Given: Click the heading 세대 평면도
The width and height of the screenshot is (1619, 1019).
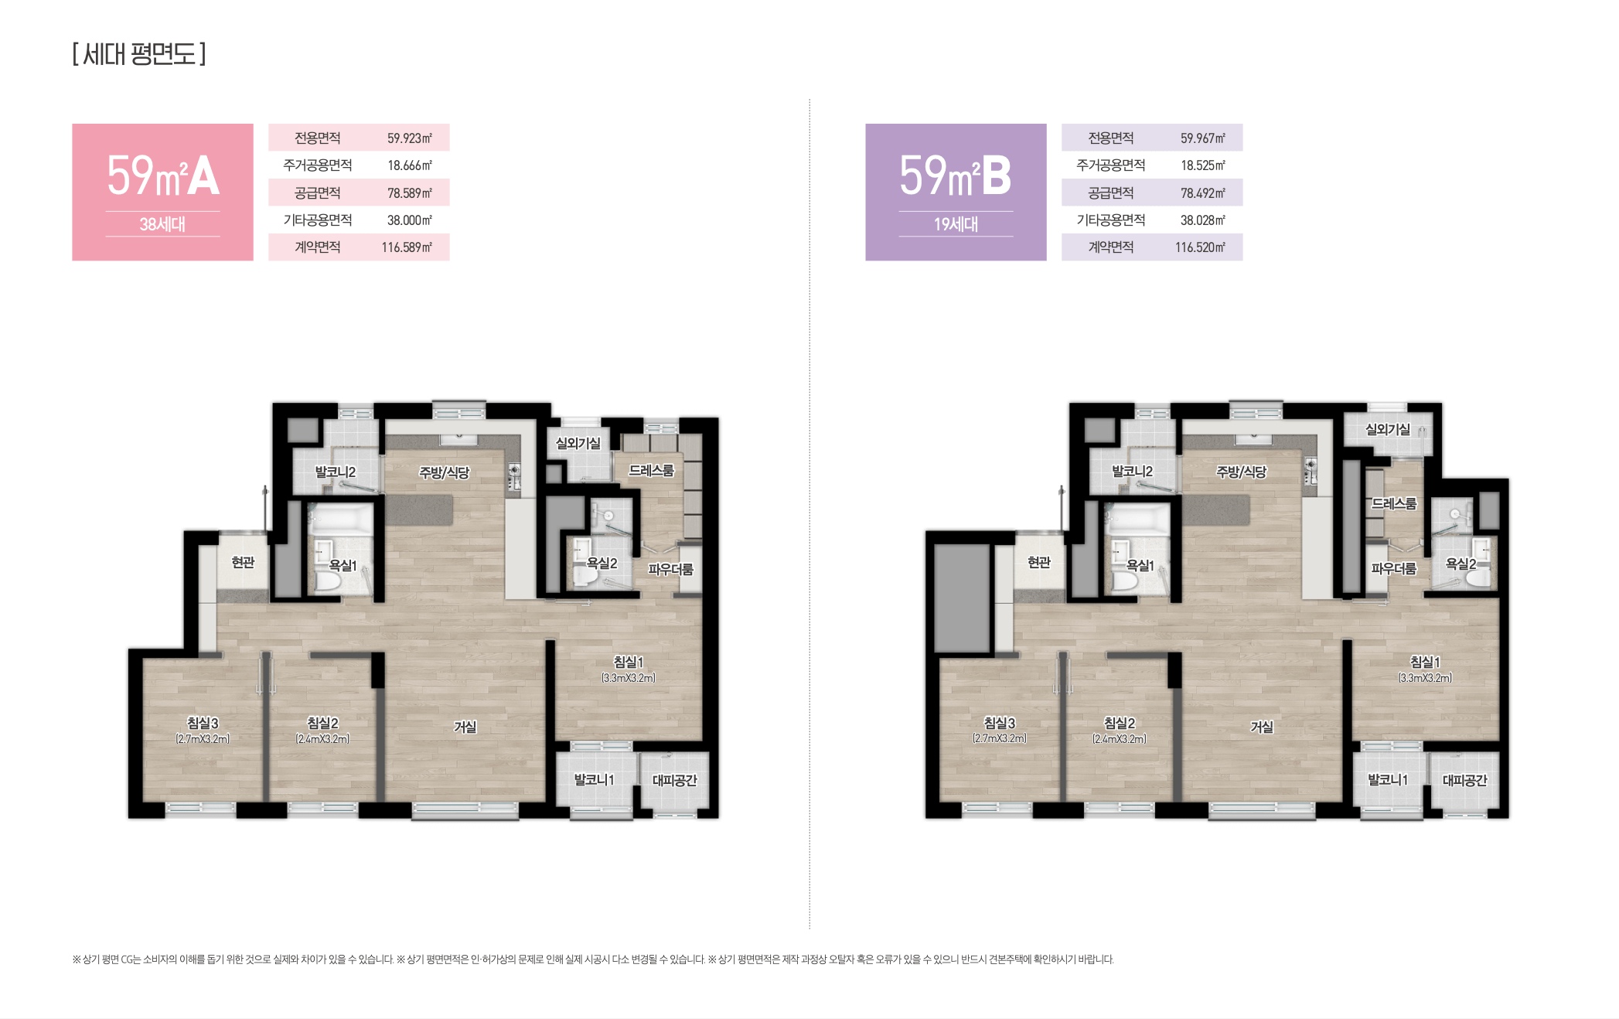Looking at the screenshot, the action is click(139, 54).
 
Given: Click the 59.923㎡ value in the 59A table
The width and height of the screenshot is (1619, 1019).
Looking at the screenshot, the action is click(410, 138).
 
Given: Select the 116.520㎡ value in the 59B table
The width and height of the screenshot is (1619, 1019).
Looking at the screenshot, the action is click(1200, 247).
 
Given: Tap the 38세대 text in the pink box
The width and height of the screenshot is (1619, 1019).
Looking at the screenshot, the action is click(162, 224).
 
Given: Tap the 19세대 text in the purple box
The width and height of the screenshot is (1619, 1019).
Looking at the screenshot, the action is click(956, 224).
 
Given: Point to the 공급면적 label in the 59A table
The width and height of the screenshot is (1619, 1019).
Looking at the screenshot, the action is click(317, 193).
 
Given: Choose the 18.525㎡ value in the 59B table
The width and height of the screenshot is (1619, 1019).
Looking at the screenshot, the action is click(1203, 165).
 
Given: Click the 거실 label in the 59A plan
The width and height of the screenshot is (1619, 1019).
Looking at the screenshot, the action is click(465, 727).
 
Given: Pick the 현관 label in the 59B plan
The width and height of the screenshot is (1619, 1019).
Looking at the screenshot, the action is click(1039, 562).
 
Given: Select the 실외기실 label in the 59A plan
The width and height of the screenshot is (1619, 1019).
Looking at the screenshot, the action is click(578, 443).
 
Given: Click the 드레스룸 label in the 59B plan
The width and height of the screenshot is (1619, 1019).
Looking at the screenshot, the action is click(1394, 503).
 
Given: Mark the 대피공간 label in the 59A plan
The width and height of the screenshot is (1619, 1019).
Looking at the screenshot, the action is click(674, 780).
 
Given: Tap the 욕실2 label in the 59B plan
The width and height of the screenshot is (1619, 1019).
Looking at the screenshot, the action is click(1461, 564).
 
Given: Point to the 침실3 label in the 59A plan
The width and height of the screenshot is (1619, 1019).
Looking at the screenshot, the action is click(203, 722).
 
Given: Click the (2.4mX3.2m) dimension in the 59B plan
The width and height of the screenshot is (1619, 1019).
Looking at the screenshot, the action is click(1120, 739).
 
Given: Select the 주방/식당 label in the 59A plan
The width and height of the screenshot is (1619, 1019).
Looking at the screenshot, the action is click(444, 472).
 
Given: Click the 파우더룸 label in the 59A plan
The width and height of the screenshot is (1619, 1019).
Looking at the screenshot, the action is click(670, 569).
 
